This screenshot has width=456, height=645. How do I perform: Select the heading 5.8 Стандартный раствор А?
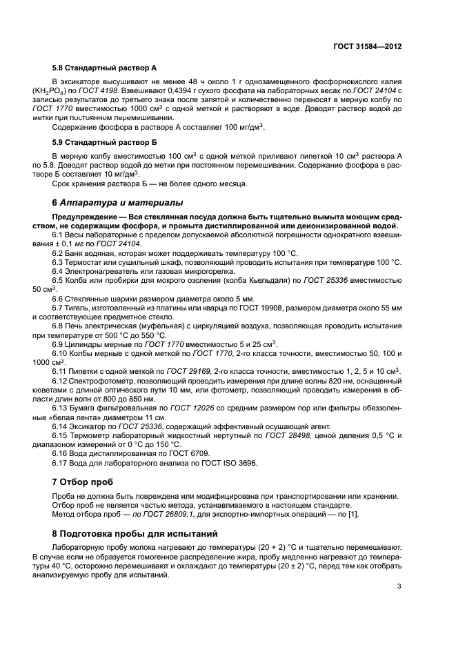(105, 70)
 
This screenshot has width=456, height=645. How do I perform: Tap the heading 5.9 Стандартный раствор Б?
(105, 142)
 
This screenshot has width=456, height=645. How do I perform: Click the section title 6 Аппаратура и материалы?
(118, 203)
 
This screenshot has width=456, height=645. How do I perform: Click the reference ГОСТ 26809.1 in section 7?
(163, 514)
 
